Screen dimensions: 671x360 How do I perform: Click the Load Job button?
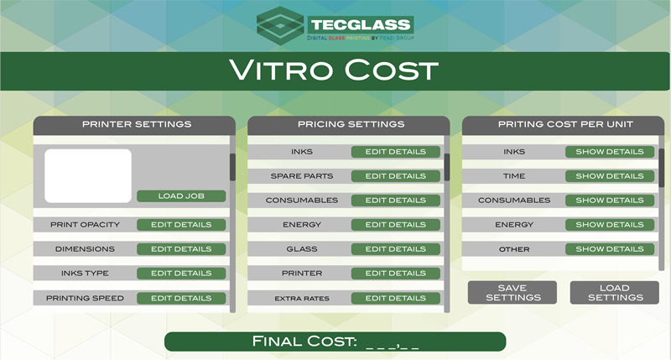click(181, 196)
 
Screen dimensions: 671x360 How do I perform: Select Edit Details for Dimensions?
click(181, 249)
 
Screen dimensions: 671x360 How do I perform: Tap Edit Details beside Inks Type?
click(181, 274)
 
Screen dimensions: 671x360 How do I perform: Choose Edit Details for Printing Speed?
click(181, 299)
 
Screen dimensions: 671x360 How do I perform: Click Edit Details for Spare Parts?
click(395, 176)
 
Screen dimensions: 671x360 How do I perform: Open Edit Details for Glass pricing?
click(395, 249)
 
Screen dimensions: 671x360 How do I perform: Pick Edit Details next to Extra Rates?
click(395, 299)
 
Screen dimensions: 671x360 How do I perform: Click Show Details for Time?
click(610, 176)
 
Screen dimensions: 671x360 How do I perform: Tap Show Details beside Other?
click(610, 249)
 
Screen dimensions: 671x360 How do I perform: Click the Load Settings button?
click(615, 293)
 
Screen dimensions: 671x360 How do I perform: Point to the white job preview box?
click(88, 176)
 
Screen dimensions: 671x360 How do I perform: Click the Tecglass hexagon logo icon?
click(280, 26)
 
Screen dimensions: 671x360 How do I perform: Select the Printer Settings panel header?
click(134, 125)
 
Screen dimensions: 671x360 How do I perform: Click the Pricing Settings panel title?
click(351, 124)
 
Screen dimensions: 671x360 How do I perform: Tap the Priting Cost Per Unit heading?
click(565, 124)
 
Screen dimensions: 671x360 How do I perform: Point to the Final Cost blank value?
click(393, 344)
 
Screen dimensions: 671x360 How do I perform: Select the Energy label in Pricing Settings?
click(302, 225)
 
